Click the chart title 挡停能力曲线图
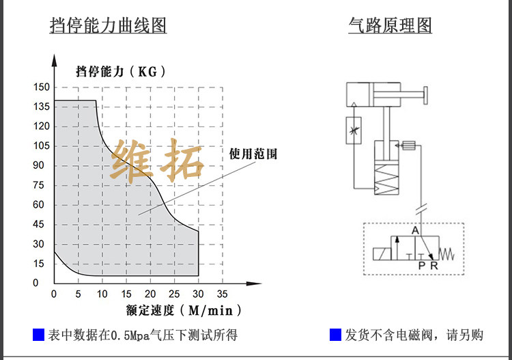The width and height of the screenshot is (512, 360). [x=108, y=26]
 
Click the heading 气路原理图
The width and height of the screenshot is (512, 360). [x=390, y=26]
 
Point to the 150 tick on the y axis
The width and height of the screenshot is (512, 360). [x=42, y=87]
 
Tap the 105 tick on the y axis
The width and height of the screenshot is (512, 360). [x=42, y=146]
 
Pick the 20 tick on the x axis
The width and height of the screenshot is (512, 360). [x=150, y=294]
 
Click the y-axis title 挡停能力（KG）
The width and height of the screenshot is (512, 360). [x=121, y=71]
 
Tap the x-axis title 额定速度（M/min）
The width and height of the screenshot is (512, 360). [x=184, y=311]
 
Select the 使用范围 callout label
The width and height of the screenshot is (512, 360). [x=253, y=154]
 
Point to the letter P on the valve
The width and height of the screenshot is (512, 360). [x=422, y=266]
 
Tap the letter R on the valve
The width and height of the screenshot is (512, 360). [x=434, y=266]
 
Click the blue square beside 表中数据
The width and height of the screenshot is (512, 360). [x=39, y=335]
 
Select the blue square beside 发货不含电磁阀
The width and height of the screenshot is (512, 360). [x=335, y=335]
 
